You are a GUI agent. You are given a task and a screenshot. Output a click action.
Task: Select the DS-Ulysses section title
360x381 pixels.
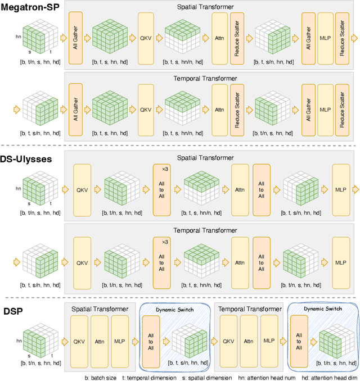pos(29,159)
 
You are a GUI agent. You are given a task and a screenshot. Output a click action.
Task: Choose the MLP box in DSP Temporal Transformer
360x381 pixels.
pos(268,341)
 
